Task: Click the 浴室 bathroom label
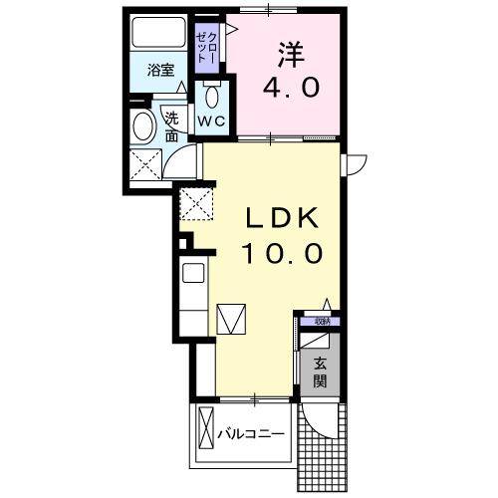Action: point(160,71)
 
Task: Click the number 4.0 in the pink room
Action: point(291,87)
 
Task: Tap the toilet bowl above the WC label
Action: point(212,98)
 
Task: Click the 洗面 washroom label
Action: point(171,125)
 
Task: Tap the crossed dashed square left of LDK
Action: point(196,205)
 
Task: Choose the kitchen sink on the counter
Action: point(193,273)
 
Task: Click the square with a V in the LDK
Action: point(230,319)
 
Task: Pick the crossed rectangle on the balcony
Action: point(207,434)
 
